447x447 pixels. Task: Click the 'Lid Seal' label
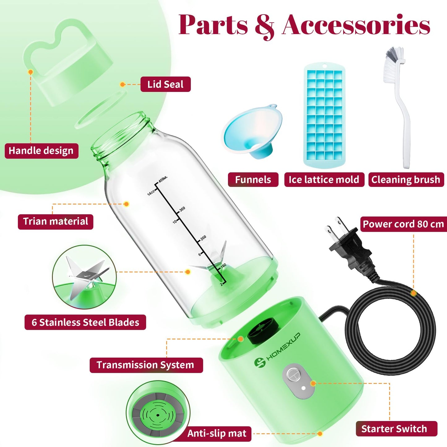pos(165,84)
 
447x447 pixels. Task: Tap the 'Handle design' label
pos(41,151)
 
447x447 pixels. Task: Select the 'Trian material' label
pos(55,221)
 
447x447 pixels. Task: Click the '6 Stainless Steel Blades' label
pos(85,322)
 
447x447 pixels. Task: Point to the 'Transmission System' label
pos(146,365)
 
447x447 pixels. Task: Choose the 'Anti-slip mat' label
pos(217,433)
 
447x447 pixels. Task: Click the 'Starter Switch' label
pos(397,428)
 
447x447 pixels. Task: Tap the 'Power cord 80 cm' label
pos(404,224)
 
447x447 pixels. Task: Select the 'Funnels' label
pos(253,180)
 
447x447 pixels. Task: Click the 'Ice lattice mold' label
pos(324,180)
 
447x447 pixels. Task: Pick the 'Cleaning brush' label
pos(406,180)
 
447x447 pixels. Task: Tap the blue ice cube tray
pos(324,115)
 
